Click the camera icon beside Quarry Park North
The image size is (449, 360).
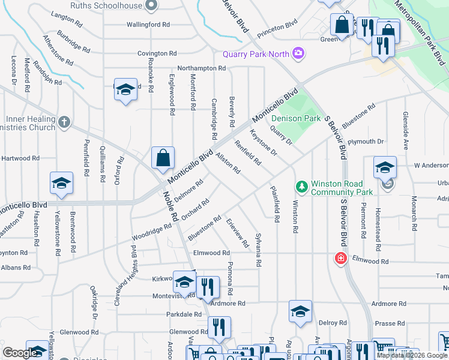(298, 53)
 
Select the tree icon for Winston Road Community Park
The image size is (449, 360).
(301, 188)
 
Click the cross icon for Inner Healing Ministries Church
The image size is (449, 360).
(65, 124)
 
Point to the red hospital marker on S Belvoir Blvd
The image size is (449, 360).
(340, 258)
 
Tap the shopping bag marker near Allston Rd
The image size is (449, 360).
(163, 159)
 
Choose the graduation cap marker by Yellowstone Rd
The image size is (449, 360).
(61, 184)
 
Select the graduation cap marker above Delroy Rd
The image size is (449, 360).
(300, 312)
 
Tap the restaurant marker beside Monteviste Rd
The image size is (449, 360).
(208, 287)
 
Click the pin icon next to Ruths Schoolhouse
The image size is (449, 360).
(151, 5)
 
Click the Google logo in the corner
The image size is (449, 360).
(20, 353)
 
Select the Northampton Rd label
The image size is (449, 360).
(201, 68)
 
